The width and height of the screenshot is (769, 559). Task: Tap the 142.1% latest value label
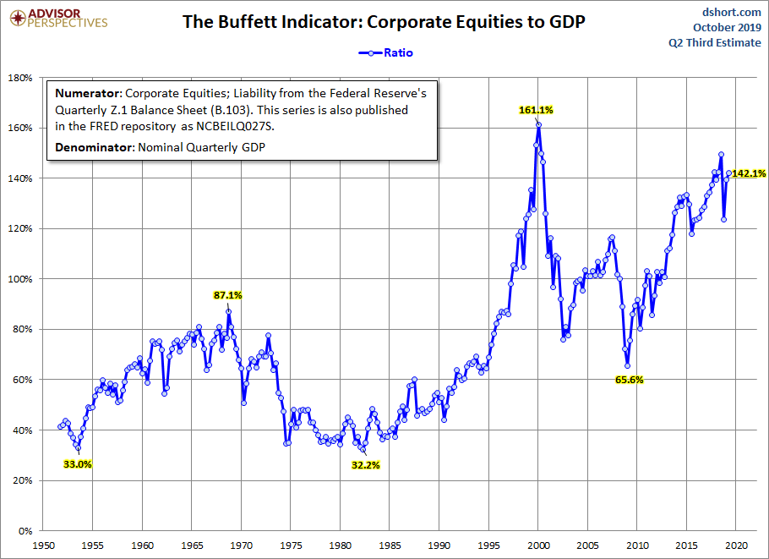pyautogui.click(x=749, y=173)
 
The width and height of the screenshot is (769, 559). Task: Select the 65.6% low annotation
pyautogui.click(x=629, y=381)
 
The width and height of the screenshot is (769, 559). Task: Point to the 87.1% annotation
pyautogui.click(x=227, y=296)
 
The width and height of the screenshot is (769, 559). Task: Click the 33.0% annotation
pyautogui.click(x=78, y=464)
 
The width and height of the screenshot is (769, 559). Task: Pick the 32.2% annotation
pyautogui.click(x=365, y=465)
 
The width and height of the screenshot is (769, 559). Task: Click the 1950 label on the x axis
pyautogui.click(x=43, y=546)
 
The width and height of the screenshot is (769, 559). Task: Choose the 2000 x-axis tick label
pyautogui.click(x=538, y=546)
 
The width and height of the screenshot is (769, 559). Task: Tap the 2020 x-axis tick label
pyautogui.click(x=736, y=546)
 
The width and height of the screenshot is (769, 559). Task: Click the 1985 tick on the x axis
pyautogui.click(x=390, y=546)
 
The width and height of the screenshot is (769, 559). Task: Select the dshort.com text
pyautogui.click(x=731, y=13)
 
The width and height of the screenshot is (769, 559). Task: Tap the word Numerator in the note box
pyautogui.click(x=89, y=93)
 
